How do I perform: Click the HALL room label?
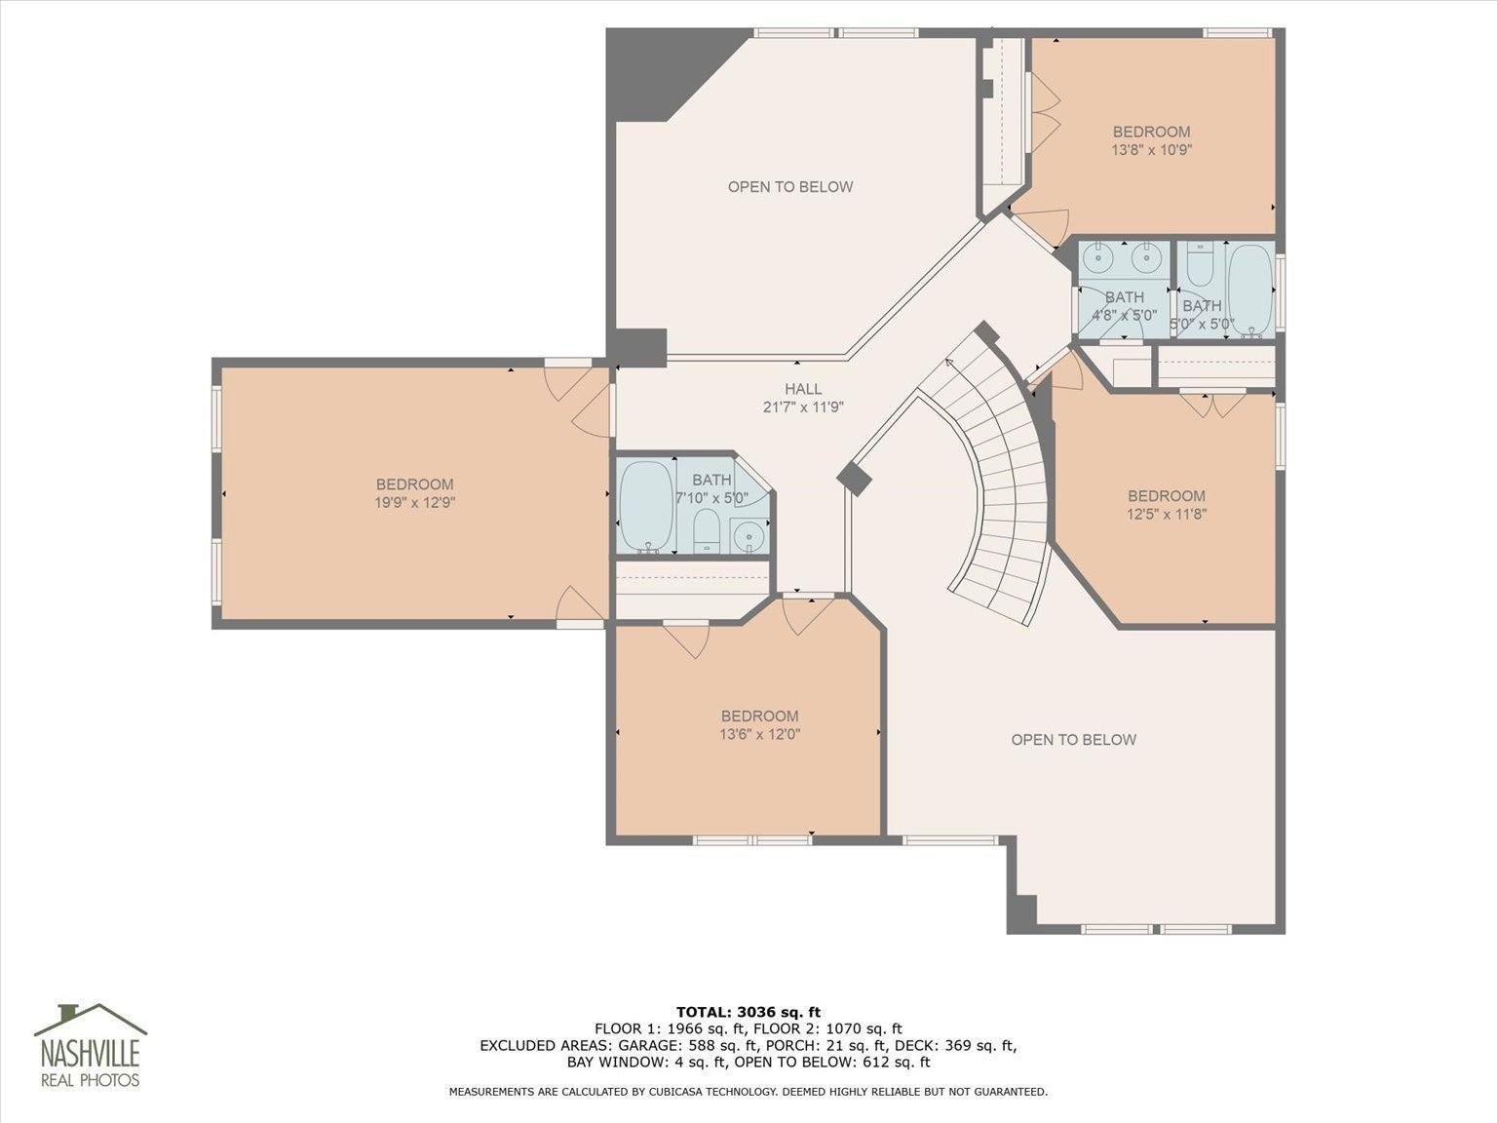(803, 389)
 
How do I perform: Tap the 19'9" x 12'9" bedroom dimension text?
(414, 502)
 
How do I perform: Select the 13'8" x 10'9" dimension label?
(1151, 150)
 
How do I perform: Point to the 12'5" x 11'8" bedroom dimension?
(1167, 514)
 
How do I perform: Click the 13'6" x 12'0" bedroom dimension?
(760, 734)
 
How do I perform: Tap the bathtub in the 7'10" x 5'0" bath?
(645, 505)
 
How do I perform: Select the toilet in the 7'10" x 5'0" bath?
(707, 530)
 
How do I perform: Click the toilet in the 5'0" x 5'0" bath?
(1200, 266)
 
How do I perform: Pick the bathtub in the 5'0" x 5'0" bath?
(1249, 290)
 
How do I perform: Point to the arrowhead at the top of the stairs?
(949, 362)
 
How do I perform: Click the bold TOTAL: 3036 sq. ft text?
(748, 1012)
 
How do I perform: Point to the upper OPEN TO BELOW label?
(790, 187)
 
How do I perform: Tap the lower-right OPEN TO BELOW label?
(1073, 740)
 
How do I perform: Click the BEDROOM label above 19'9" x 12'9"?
(414, 484)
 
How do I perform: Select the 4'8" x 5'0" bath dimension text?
(1125, 315)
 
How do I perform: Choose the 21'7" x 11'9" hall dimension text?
(803, 407)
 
